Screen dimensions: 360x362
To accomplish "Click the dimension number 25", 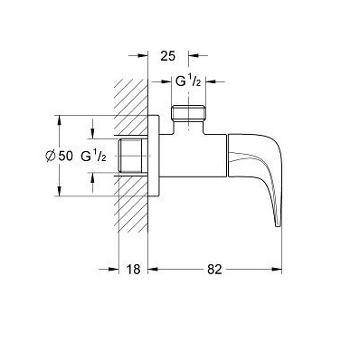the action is pos(167,56).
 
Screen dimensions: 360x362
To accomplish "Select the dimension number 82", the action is pos(214,270).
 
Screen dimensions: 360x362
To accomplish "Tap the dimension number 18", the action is pos(133,270).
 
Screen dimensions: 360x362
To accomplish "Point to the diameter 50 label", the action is pos(59,156).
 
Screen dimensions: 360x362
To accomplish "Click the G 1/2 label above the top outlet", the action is pos(188,81).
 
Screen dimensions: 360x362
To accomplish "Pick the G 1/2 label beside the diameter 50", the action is pos(93,156).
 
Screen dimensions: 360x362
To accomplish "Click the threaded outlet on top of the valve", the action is pos(189,113).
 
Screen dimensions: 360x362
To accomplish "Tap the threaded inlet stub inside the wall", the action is pos(134,156).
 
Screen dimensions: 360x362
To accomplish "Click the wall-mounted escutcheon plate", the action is pos(154,156).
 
